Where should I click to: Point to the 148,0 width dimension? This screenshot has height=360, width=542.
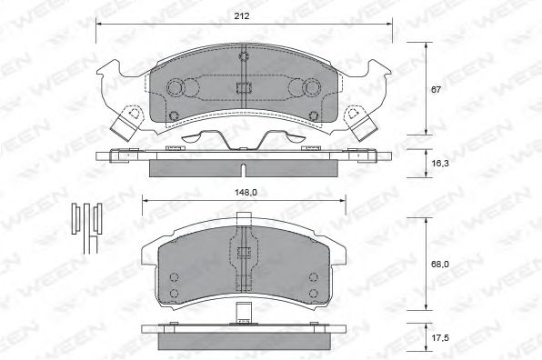click(x=244, y=192)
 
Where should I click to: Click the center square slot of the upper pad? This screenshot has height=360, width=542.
click(x=244, y=88)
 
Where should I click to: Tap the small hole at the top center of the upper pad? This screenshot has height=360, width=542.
click(x=244, y=57)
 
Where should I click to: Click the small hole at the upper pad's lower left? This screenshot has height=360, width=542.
click(x=174, y=114)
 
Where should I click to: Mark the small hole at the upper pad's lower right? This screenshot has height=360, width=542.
click(x=314, y=114)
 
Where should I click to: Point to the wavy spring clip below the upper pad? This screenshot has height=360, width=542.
click(x=244, y=140)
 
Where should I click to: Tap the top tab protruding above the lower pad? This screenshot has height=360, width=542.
click(x=244, y=217)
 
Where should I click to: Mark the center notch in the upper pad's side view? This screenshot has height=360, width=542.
click(x=244, y=170)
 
